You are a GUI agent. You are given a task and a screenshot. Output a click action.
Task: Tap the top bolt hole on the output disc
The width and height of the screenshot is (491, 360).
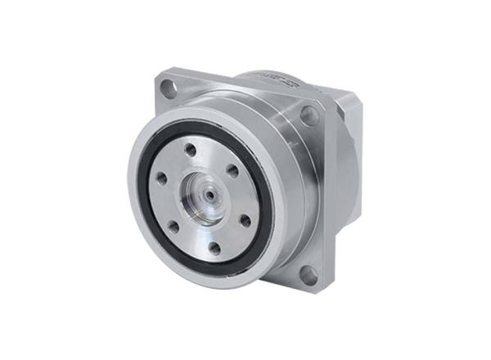coord(190,150)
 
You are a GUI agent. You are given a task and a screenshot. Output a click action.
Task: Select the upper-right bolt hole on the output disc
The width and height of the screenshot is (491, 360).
coord(232,171)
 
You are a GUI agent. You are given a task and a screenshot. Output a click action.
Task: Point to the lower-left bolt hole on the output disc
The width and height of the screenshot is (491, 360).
coord(173,227)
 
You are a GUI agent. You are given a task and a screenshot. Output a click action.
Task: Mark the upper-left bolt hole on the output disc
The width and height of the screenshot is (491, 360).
coord(161,177)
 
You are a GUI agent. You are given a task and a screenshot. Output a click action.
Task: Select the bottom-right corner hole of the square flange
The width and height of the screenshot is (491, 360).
coord(309,274)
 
